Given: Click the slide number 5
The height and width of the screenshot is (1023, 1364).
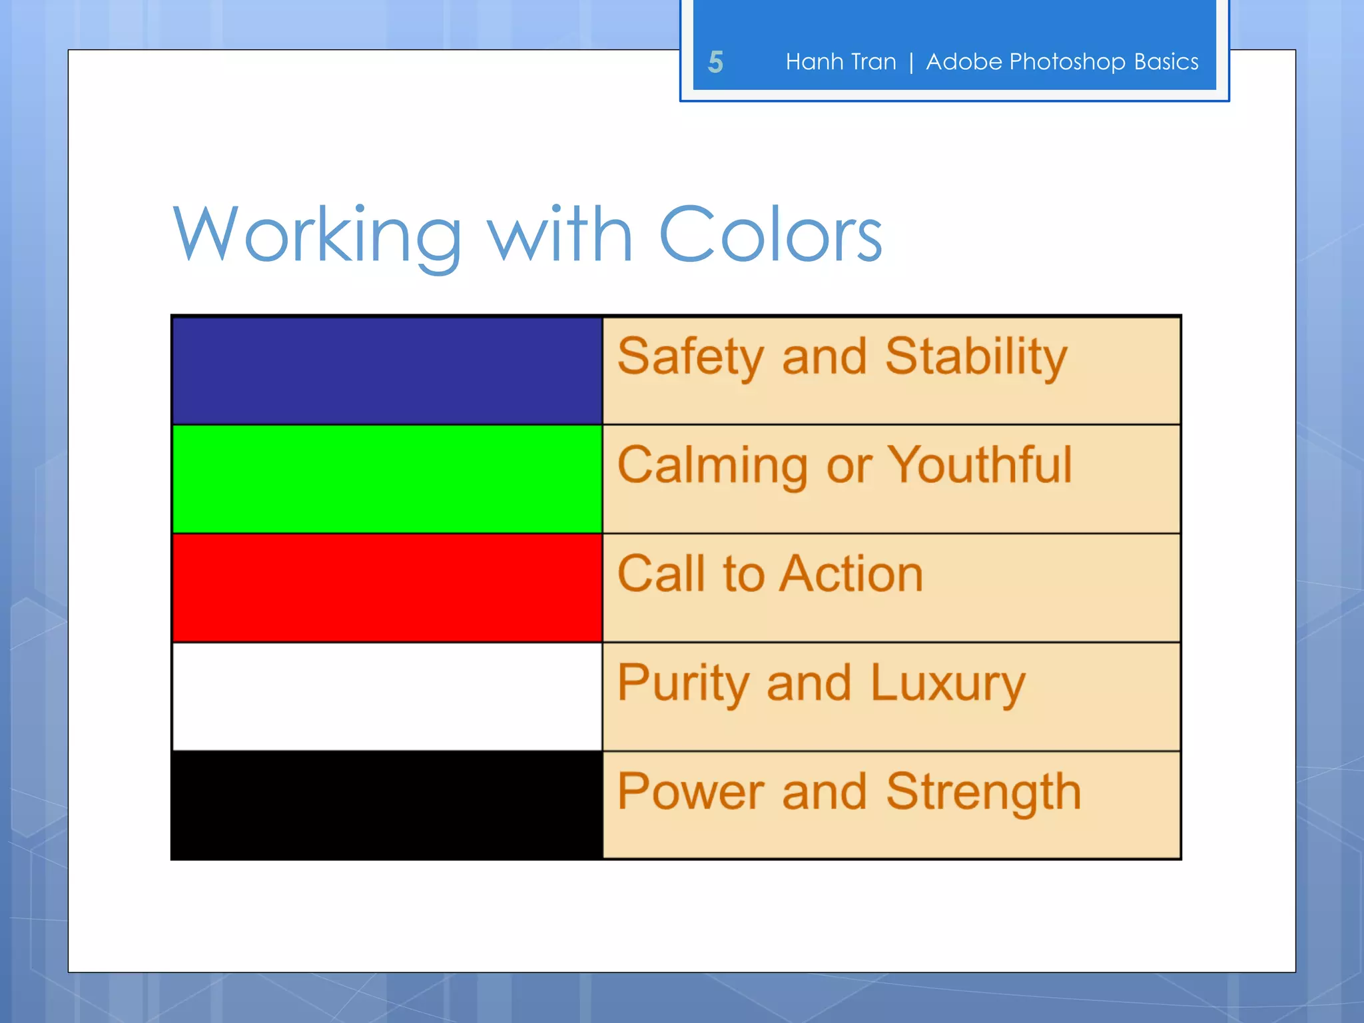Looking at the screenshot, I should coord(715,62).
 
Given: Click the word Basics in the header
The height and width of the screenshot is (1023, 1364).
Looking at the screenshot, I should coord(1166,62).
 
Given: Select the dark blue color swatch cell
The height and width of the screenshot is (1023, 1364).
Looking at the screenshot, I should coord(387,371).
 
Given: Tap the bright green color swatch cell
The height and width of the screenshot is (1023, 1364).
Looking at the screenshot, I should coord(387,479).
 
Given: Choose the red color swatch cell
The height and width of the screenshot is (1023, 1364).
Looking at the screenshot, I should coord(387,587).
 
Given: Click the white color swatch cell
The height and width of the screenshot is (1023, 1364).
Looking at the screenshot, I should coord(387,696).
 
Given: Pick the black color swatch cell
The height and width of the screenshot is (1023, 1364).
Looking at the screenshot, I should coord(387,805).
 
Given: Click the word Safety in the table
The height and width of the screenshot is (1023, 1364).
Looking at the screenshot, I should coord(690,358).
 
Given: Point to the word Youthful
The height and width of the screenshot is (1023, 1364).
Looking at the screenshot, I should coord(980,465).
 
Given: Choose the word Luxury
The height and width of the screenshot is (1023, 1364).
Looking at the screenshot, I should coord(947,684).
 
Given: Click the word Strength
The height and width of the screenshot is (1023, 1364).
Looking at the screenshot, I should coord(983,793).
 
